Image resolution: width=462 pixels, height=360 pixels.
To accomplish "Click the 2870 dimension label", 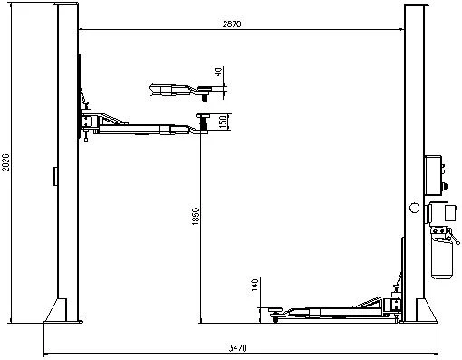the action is [232, 24].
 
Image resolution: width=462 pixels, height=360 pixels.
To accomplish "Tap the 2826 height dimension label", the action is [5, 162].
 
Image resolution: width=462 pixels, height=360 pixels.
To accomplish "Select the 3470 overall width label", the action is [237, 348].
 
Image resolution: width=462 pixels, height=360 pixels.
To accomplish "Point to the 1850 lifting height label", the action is [196, 216].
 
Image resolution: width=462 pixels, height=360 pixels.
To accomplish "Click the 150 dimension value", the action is [223, 122].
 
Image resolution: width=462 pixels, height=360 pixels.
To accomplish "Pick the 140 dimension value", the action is [255, 285].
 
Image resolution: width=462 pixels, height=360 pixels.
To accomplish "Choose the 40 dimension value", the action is [218, 72].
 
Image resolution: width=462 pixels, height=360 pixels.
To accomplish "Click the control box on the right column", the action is [434, 175].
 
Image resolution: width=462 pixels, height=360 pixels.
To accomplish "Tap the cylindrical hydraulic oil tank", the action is [442, 259].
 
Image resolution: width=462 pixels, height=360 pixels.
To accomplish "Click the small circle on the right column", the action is [414, 208].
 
